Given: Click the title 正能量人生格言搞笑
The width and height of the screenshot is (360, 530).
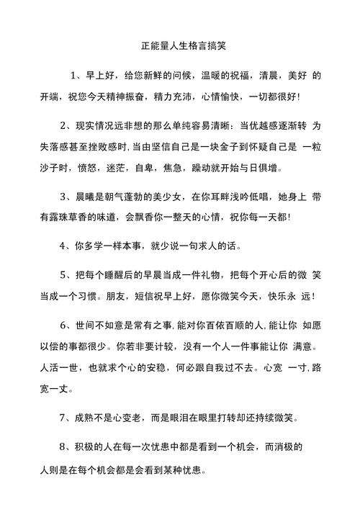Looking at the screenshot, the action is [x=180, y=45].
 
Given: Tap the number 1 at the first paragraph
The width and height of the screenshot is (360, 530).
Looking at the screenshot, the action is [x=73, y=76].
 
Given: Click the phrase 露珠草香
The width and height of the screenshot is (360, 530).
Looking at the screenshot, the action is [x=78, y=216].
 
